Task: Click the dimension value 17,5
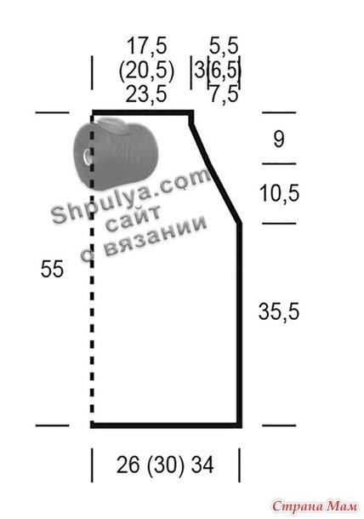(147, 46)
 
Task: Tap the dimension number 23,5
(146, 94)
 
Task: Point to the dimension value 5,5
(224, 46)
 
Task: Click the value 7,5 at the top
(224, 94)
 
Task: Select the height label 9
(279, 140)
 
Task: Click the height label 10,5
(279, 193)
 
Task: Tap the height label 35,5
(279, 311)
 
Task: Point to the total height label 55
(52, 269)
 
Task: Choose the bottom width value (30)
(165, 465)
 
